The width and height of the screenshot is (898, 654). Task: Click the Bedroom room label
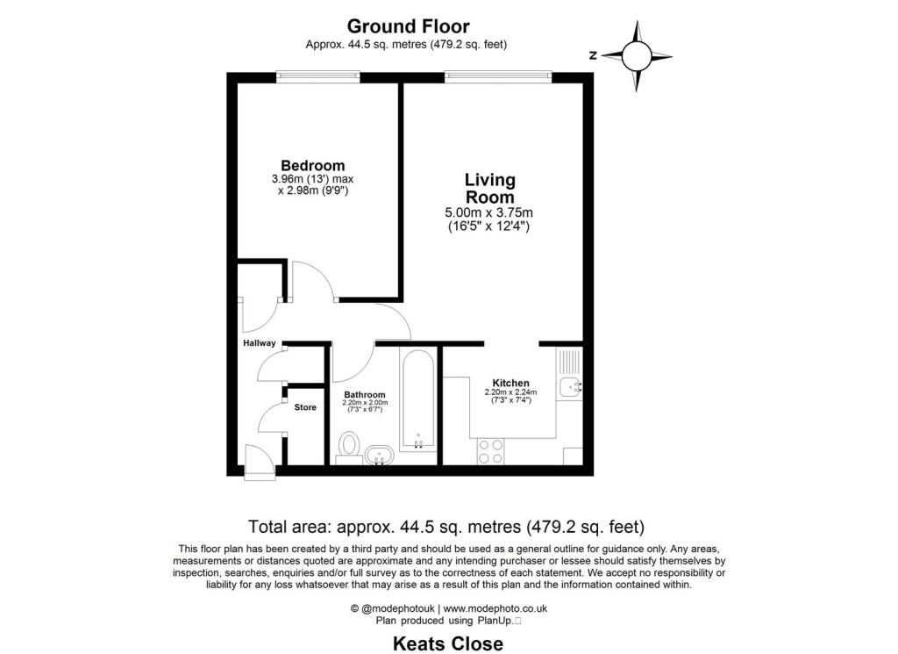pos(312,165)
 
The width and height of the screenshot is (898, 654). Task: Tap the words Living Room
pos(489,188)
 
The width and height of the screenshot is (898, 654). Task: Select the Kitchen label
pos(510,383)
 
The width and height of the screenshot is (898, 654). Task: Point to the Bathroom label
pos(365,395)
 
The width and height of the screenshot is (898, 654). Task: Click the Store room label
pos(305,407)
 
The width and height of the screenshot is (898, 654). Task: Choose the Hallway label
pos(260,343)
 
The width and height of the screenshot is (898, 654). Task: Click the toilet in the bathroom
pos(350,445)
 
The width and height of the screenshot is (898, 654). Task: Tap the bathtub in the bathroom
pos(418,399)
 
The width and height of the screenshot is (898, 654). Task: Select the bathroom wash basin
pos(380,455)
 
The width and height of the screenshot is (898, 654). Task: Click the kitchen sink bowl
pos(571,385)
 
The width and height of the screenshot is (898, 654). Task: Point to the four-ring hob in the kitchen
pos(491,450)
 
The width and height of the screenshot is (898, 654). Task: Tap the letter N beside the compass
pos(594,55)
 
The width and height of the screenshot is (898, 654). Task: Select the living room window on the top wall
pos(497,76)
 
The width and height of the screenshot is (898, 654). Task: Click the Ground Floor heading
pos(408,26)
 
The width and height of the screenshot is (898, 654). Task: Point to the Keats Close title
pos(447,643)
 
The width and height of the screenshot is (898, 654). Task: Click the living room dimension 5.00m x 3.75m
pos(489,212)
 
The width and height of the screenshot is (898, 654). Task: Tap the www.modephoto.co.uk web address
pos(495,608)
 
